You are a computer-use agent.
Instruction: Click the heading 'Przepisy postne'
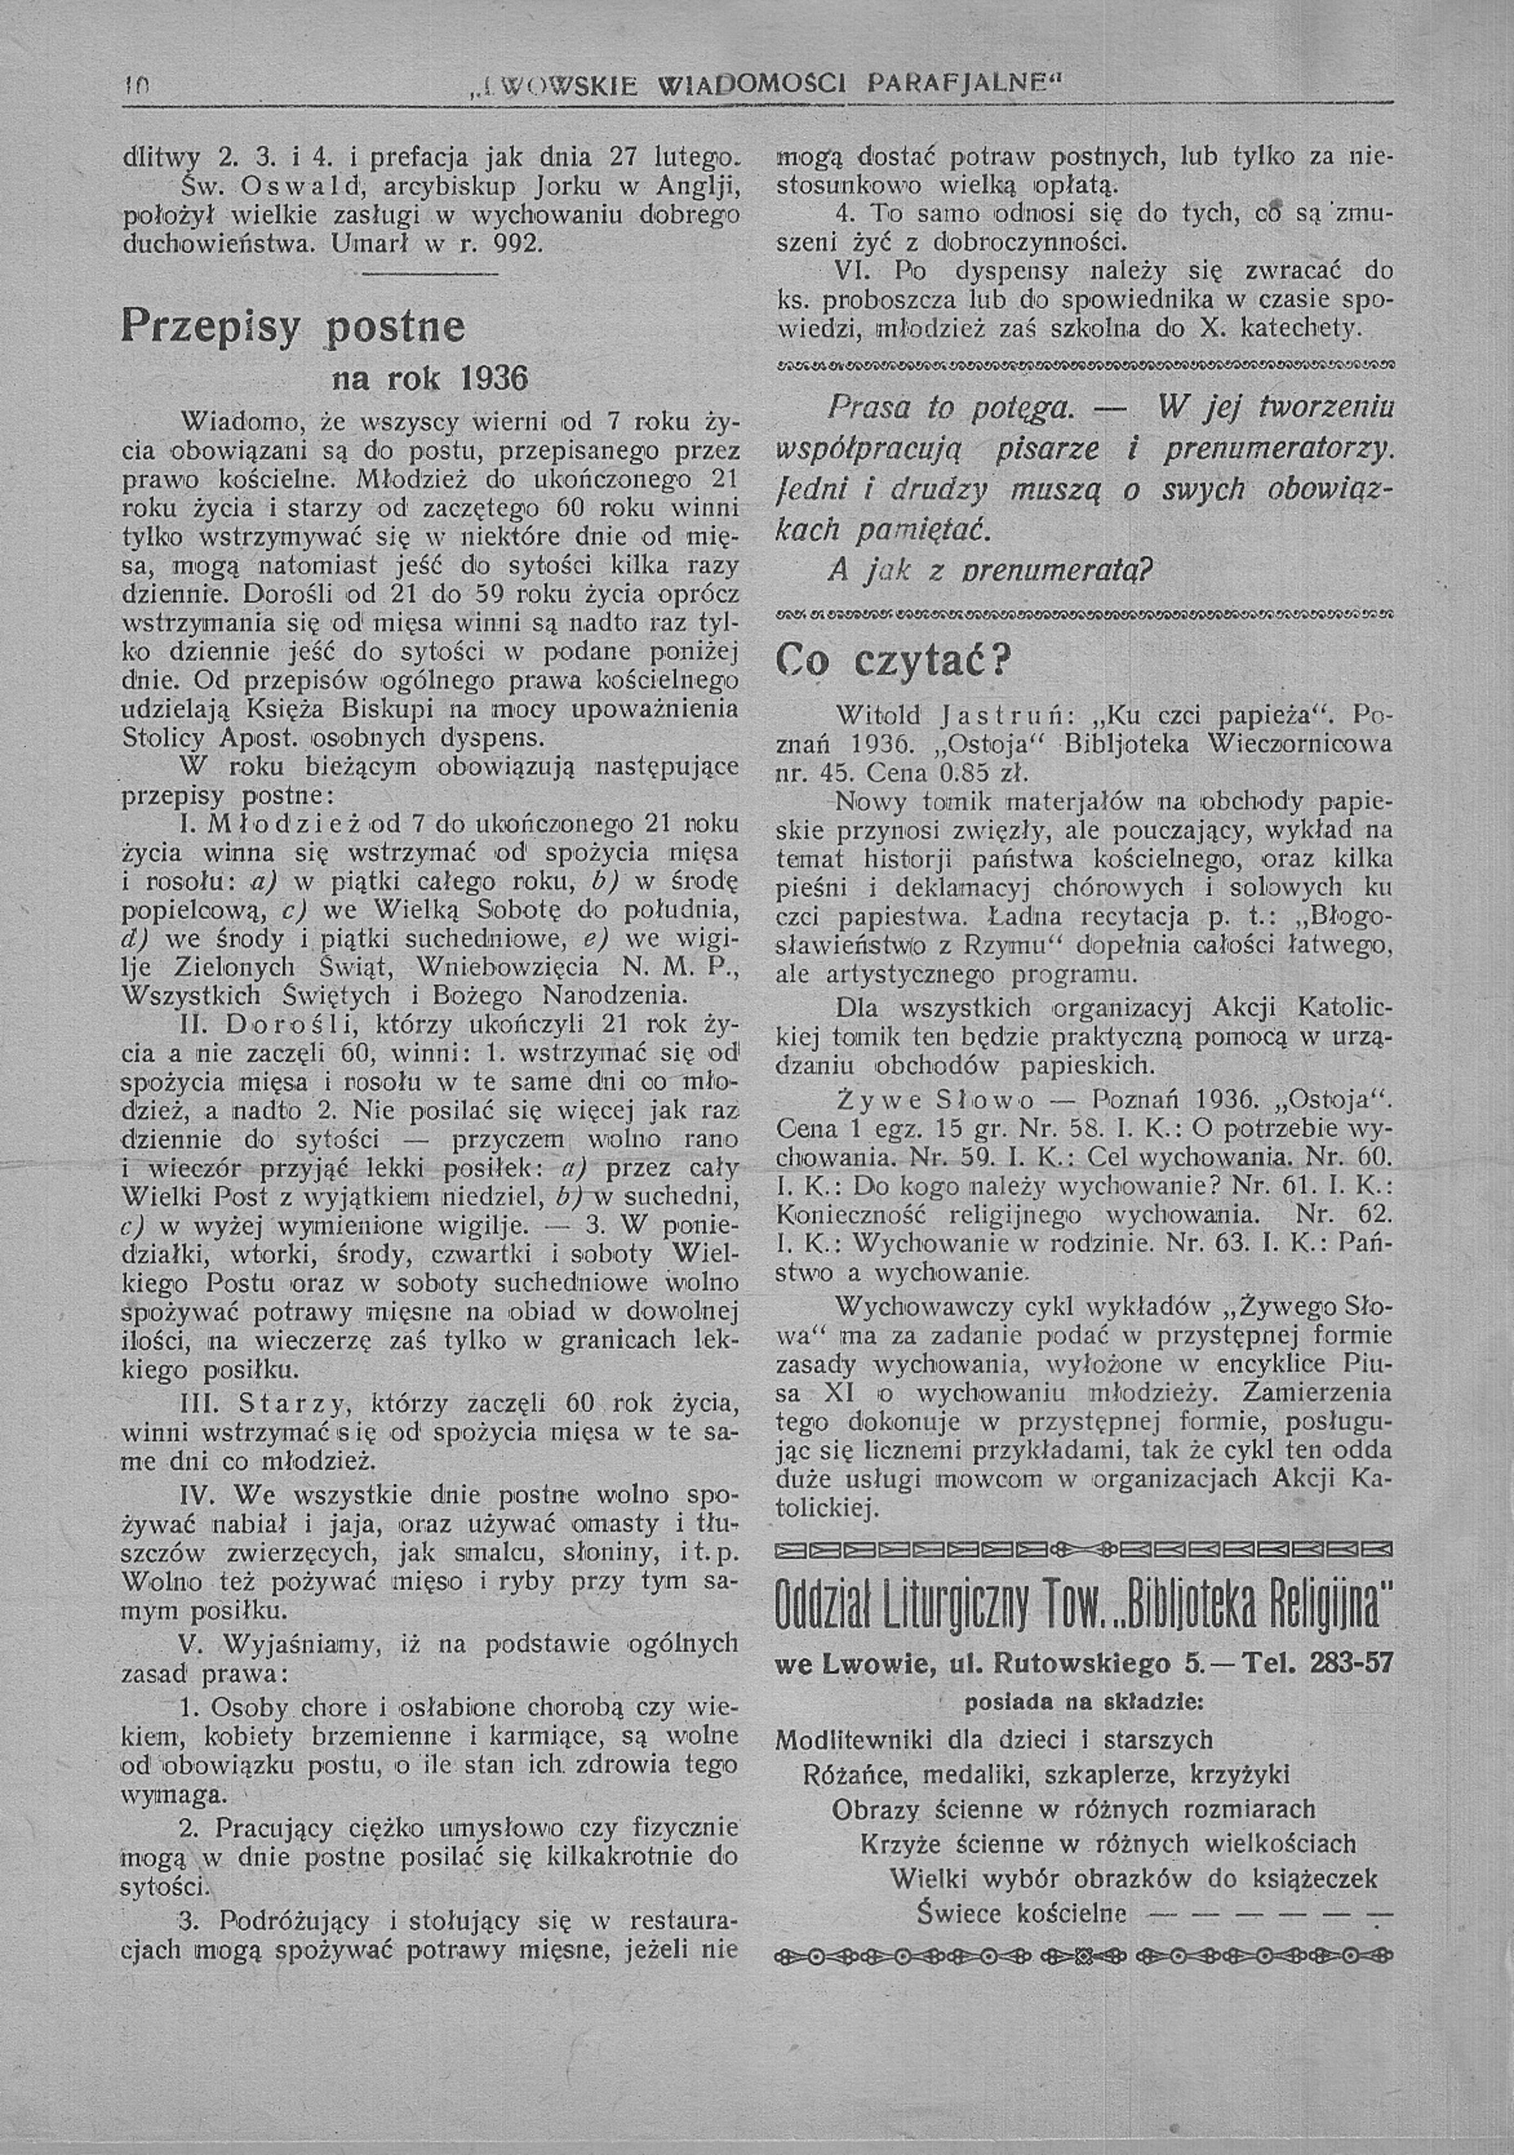pos(293,328)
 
